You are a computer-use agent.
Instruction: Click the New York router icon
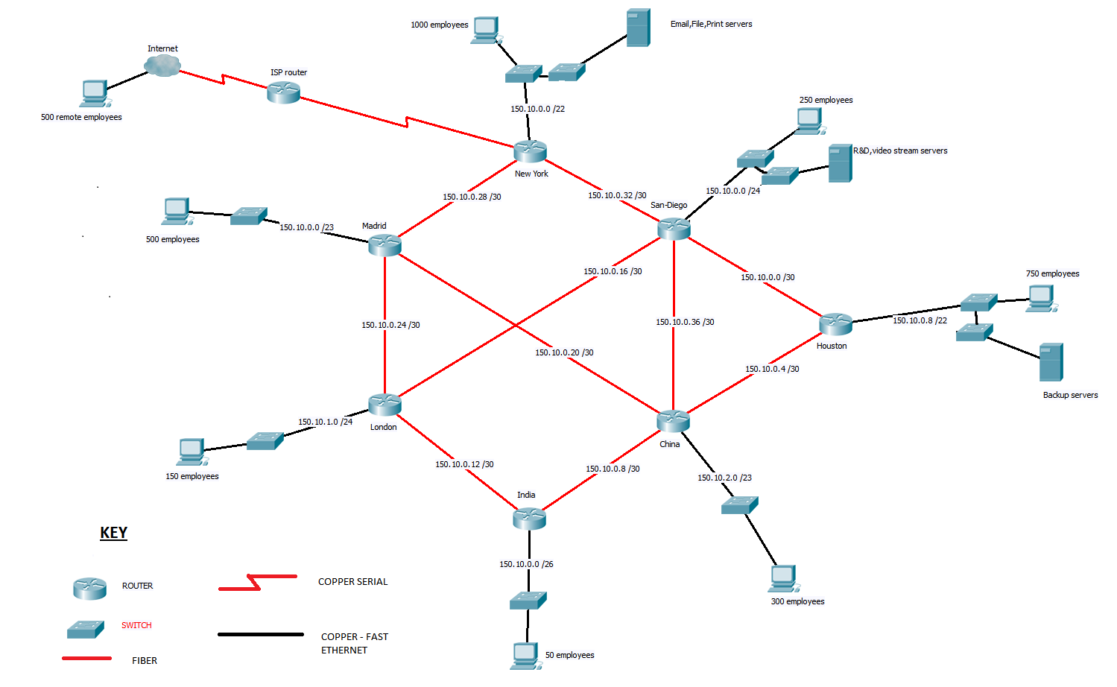click(530, 151)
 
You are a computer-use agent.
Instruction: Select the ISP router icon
click(283, 92)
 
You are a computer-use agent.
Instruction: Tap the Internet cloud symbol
click(162, 66)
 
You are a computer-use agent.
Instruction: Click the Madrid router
click(385, 244)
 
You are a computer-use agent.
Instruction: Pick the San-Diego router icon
click(674, 228)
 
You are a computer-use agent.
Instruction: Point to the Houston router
click(835, 324)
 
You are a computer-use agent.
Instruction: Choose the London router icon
click(385, 405)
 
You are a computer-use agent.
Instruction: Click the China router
click(673, 421)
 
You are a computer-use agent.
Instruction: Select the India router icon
click(529, 518)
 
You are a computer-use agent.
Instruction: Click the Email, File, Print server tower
click(638, 28)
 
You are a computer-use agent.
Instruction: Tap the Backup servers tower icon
click(1051, 362)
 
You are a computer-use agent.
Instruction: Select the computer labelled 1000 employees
click(486, 30)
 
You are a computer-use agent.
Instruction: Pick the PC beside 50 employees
click(525, 656)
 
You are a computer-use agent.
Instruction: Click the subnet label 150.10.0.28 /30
click(472, 197)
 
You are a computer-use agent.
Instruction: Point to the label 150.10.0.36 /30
click(685, 322)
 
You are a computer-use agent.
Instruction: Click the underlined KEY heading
click(114, 533)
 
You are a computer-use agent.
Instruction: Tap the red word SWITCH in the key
click(136, 625)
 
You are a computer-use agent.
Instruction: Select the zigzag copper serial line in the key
click(257, 582)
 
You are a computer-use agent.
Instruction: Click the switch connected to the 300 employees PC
click(739, 505)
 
